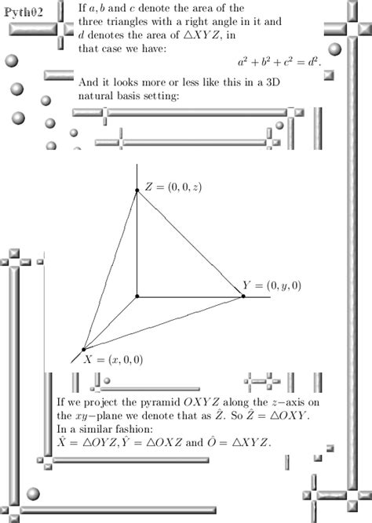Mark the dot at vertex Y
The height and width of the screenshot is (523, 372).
(x=243, y=296)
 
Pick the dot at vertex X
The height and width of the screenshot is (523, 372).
(x=83, y=350)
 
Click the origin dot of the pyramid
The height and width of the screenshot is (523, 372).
(x=137, y=296)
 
